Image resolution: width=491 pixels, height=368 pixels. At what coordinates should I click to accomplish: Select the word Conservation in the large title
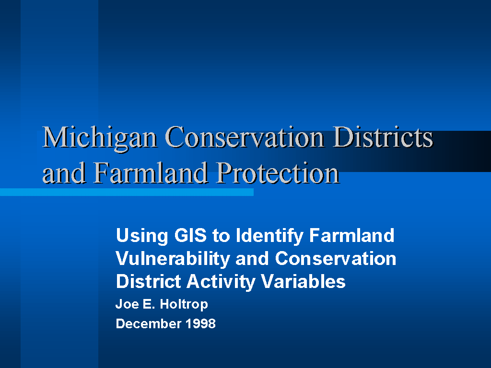244,137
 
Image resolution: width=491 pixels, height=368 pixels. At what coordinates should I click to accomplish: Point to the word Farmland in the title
150,172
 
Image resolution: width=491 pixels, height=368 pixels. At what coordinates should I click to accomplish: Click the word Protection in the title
278,173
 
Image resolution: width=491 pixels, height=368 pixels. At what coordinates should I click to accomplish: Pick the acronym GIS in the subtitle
190,235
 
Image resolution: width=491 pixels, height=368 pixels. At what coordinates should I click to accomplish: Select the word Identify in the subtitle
269,236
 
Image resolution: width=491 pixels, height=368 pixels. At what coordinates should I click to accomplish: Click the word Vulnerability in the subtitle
173,259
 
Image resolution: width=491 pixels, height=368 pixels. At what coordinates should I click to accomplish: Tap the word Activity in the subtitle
221,282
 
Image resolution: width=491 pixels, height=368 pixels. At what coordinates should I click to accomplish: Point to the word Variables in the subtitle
304,281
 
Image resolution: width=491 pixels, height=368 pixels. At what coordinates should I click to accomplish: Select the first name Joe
127,304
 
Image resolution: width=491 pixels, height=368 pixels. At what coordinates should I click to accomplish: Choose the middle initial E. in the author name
149,304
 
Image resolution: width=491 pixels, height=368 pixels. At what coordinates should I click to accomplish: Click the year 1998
200,323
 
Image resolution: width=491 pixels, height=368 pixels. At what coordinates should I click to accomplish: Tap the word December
149,323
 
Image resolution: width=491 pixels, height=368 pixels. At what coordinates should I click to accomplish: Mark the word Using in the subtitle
142,236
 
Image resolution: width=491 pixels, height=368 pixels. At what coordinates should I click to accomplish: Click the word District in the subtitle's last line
149,281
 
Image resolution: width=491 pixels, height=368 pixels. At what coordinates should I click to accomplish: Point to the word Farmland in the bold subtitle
351,235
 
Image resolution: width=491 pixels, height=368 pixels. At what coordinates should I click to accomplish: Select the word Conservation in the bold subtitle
336,258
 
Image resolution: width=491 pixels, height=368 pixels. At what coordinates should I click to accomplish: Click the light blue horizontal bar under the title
127,192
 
